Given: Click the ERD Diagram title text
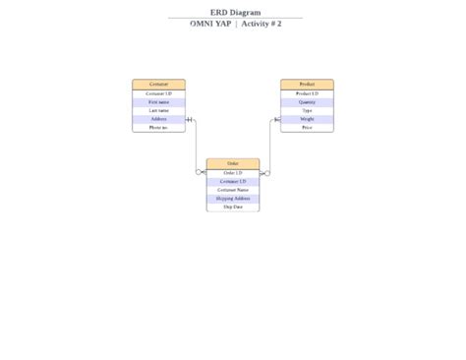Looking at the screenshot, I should click(235, 13).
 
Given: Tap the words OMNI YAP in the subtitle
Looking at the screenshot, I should click(210, 24).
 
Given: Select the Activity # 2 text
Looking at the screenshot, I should click(261, 24).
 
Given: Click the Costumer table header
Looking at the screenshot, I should click(158, 85).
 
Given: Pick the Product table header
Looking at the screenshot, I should click(307, 85).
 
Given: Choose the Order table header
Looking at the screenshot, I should click(233, 163).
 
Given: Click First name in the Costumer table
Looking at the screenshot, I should click(158, 102).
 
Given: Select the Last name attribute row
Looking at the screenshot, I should click(158, 110).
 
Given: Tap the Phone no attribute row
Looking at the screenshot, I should click(158, 127).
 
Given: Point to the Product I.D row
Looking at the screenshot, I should click(307, 93).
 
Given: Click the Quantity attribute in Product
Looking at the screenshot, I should click(307, 102).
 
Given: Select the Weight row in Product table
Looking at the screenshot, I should click(307, 119).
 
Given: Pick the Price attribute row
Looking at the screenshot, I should click(307, 127).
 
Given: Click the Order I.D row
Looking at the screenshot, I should click(233, 172).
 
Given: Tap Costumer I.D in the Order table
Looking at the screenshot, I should click(233, 181).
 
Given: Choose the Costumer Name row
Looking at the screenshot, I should click(233, 189).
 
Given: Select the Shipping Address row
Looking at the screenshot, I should click(233, 198).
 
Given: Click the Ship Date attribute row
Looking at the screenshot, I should click(233, 207).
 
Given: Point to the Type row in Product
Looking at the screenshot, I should click(307, 110).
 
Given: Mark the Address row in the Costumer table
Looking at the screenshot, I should click(158, 119).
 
